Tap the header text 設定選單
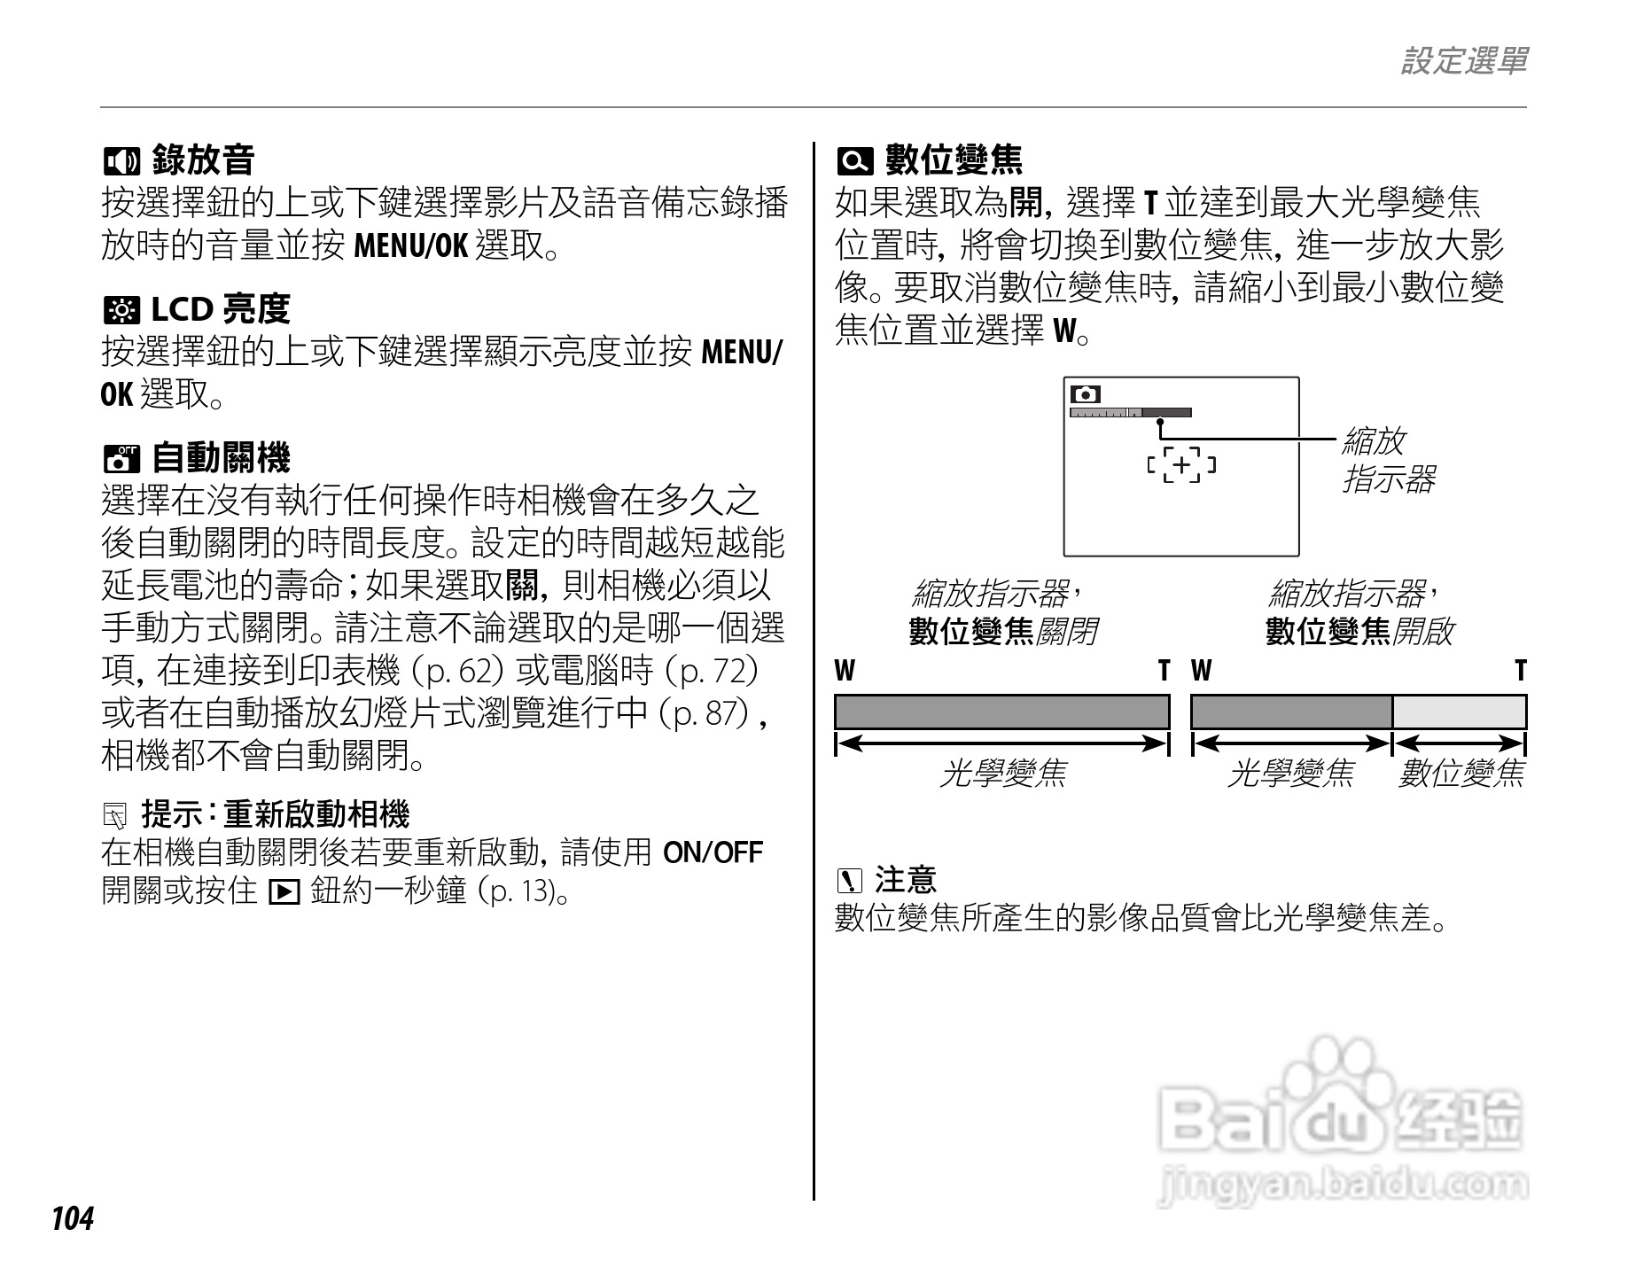click(x=1463, y=61)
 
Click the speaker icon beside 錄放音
click(x=121, y=161)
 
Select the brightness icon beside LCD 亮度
click(x=121, y=310)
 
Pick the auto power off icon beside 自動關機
click(x=121, y=459)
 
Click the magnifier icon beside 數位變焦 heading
click(x=854, y=161)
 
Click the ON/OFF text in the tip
click(x=713, y=852)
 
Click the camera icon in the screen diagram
click(x=1086, y=394)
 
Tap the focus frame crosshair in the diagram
click(x=1181, y=464)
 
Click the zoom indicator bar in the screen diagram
click(x=1130, y=412)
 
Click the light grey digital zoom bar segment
click(x=1459, y=712)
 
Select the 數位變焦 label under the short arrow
click(x=1461, y=774)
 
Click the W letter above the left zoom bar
click(x=845, y=671)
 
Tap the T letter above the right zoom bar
click(x=1520, y=671)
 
